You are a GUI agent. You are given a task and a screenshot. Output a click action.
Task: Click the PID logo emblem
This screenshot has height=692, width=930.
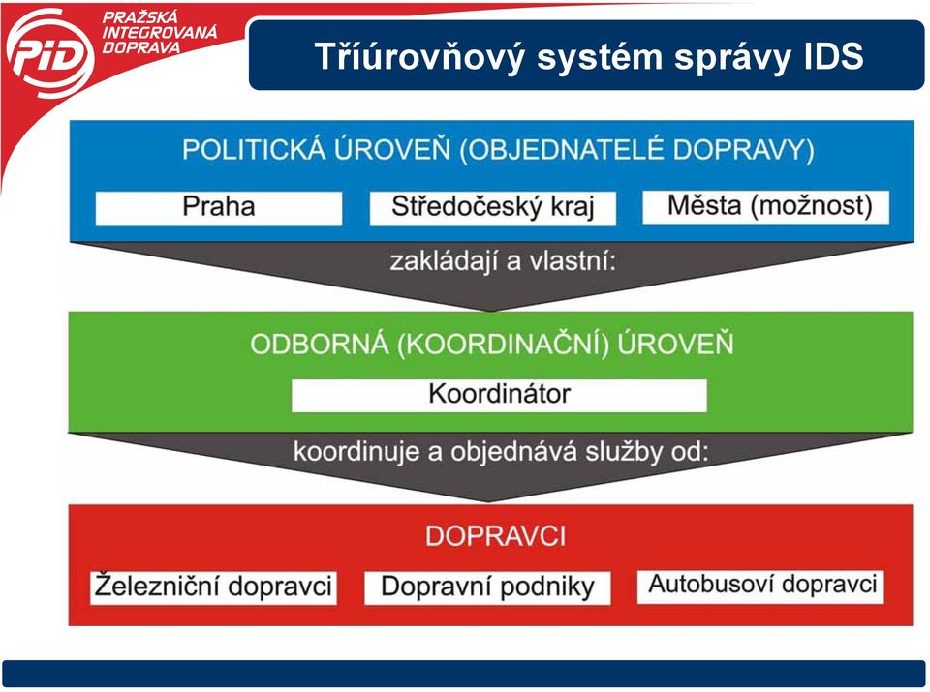[49, 53]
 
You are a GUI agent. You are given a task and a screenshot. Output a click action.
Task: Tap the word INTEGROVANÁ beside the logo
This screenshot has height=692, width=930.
[159, 32]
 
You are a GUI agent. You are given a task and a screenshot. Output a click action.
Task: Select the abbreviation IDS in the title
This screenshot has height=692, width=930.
[833, 56]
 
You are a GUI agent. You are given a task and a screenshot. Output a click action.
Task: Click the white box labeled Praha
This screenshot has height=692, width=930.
[219, 208]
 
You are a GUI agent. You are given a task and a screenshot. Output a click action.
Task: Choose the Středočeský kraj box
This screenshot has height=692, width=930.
[493, 208]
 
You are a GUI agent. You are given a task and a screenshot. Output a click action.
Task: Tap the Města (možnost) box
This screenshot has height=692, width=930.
[765, 207]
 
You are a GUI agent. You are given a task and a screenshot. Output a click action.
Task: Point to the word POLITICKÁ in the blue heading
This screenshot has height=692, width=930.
[254, 149]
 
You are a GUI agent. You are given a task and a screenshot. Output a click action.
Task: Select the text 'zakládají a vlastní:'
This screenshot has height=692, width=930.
[503, 261]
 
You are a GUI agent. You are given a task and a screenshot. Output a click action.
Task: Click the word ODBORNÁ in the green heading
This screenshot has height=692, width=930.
[319, 345]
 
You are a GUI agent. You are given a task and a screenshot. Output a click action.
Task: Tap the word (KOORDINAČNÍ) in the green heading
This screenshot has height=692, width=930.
[503, 345]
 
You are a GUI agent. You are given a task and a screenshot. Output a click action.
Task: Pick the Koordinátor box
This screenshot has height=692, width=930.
[500, 395]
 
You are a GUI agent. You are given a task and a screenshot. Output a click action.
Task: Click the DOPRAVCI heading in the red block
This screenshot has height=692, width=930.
[496, 536]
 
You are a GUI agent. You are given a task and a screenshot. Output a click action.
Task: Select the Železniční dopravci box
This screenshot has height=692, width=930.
[213, 587]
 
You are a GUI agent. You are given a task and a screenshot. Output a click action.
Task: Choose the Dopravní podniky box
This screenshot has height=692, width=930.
[487, 587]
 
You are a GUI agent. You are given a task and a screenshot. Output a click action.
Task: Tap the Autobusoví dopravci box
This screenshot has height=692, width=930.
[761, 587]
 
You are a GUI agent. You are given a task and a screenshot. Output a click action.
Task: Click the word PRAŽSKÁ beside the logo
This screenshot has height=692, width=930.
[140, 17]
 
